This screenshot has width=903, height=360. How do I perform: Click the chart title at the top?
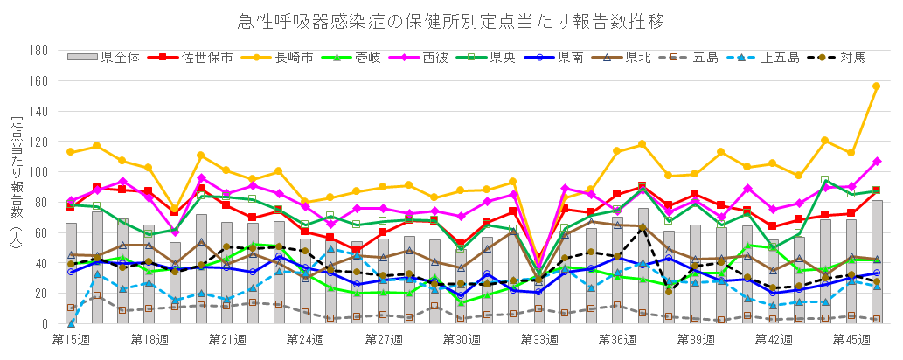point(451,20)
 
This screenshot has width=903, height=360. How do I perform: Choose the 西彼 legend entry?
point(435,58)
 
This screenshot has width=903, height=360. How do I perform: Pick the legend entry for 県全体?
point(115,58)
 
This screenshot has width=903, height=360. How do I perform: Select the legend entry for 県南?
point(571,58)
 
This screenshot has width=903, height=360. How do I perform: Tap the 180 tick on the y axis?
point(38,51)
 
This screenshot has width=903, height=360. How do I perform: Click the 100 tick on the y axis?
point(38,172)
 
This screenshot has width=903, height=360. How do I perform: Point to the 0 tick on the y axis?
point(44,324)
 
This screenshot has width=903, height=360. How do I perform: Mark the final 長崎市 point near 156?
point(876,87)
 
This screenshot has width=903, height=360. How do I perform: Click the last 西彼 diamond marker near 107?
point(876,162)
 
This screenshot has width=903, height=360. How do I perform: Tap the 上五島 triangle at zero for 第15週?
point(71,323)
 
